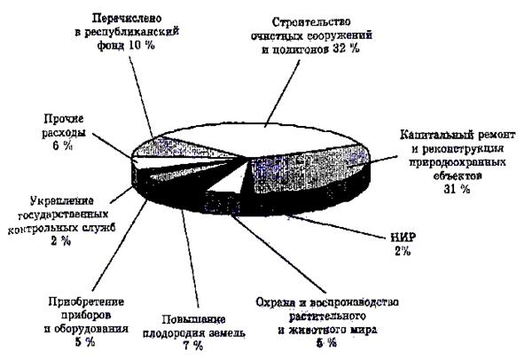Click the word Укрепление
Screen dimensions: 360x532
click(47, 200)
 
